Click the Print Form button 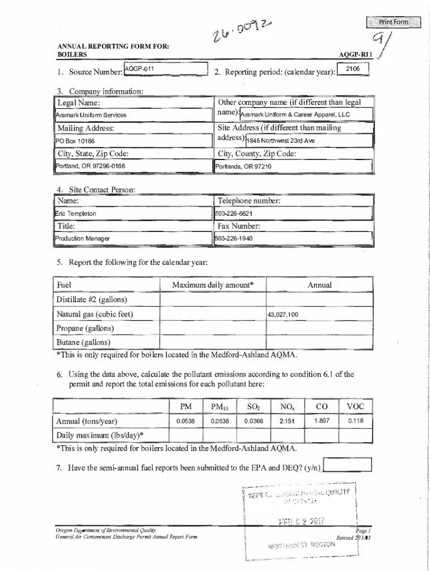click(x=394, y=22)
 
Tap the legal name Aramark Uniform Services click(x=91, y=115)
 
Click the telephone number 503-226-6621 click(x=234, y=214)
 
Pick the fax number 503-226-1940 click(x=234, y=239)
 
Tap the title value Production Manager click(x=82, y=239)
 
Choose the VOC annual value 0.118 click(x=355, y=421)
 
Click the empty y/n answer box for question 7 click(x=347, y=464)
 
